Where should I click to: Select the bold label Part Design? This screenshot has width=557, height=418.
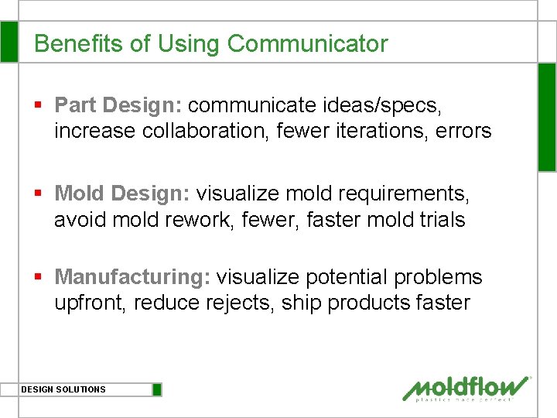point(118,104)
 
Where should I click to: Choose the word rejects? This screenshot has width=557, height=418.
point(238,303)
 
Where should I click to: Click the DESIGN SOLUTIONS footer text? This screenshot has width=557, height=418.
point(63,389)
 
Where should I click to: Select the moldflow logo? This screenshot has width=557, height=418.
point(466,388)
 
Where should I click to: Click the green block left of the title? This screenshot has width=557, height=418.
point(9,42)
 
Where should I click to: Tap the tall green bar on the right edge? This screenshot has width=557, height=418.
point(547,116)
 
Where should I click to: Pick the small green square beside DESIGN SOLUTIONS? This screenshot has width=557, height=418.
point(157,389)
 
